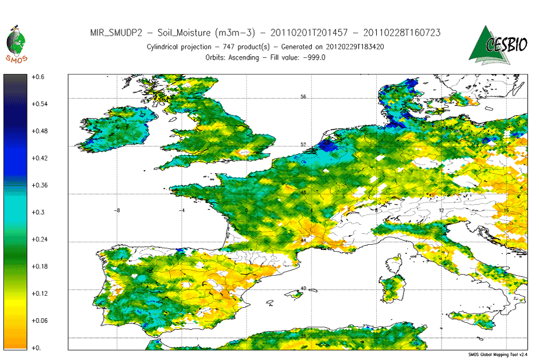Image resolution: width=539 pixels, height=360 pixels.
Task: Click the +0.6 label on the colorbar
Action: pyautogui.click(x=38, y=77)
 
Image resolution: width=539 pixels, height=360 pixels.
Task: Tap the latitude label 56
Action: pyautogui.click(x=304, y=97)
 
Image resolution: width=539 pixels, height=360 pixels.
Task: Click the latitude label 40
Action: pyautogui.click(x=304, y=289)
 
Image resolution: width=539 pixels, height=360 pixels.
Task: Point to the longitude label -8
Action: pyautogui.click(x=117, y=210)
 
